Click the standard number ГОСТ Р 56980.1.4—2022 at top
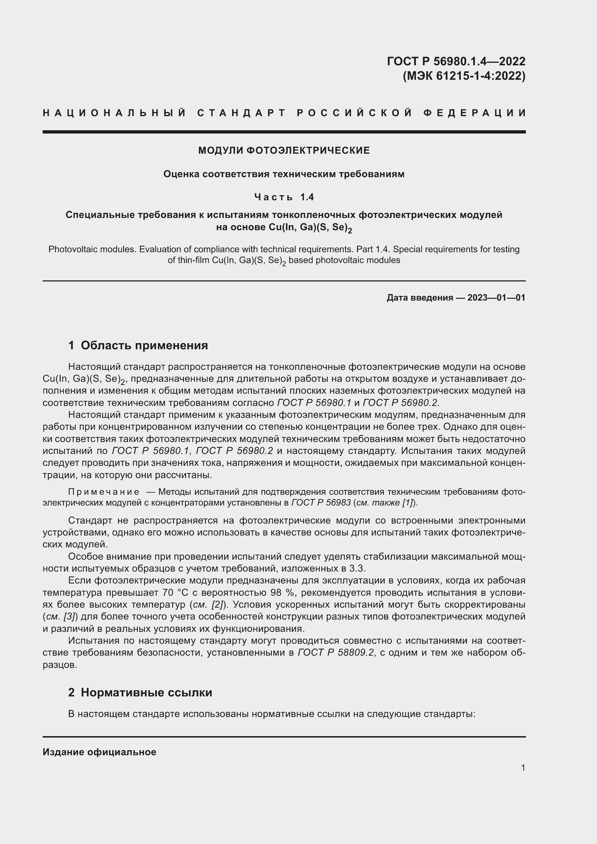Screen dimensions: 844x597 pos(456,61)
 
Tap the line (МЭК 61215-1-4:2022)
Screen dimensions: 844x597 pos(464,76)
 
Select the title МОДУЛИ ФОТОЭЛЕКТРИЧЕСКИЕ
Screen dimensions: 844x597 pos(284,150)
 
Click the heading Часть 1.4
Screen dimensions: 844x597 pos(284,197)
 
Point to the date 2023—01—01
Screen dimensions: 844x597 pos(496,298)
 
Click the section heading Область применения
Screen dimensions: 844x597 pos(144,346)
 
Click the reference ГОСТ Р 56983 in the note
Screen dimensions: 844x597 pos(321,503)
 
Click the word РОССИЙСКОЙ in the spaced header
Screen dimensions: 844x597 pos(354,113)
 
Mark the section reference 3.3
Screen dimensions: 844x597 pos(357,569)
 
